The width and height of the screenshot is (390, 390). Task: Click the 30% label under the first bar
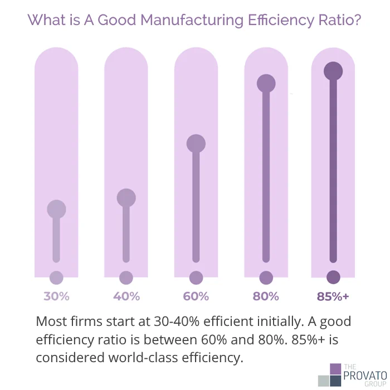click(56, 296)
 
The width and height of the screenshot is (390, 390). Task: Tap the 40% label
click(126, 296)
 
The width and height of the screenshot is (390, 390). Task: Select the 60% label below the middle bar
click(196, 296)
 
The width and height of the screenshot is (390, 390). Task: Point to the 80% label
click(266, 296)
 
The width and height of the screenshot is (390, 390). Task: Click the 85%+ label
click(333, 296)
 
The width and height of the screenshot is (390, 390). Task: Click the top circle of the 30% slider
click(56, 209)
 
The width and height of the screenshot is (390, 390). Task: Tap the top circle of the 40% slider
click(126, 197)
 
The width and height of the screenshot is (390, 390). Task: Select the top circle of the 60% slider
click(196, 144)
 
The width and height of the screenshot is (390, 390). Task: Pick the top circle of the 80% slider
click(266, 83)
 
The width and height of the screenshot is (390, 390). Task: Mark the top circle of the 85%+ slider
click(333, 71)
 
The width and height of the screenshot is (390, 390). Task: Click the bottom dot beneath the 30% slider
click(56, 277)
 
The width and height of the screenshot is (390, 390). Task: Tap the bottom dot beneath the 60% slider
click(196, 277)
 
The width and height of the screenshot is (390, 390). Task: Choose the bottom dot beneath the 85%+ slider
click(333, 277)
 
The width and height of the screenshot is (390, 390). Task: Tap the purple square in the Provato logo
click(335, 369)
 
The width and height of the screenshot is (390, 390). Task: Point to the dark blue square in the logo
click(335, 381)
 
